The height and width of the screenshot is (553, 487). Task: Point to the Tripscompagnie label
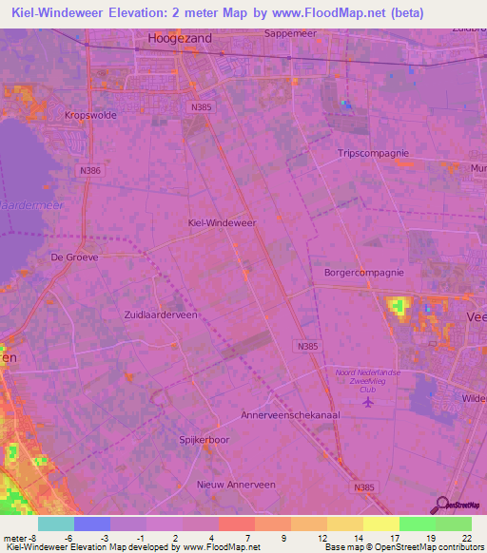375,153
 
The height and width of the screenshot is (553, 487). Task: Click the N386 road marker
90,170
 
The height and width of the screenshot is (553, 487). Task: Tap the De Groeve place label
75,257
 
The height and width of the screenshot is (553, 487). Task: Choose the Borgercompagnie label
364,272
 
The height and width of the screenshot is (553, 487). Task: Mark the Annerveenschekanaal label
291,415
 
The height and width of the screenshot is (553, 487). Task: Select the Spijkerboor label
205,440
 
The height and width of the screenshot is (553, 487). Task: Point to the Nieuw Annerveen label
236,484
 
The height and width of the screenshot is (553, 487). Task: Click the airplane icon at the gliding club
369,403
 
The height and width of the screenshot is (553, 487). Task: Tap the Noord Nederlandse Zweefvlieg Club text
368,380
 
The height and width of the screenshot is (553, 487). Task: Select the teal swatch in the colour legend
55,524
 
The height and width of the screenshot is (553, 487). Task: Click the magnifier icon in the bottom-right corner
440,505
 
